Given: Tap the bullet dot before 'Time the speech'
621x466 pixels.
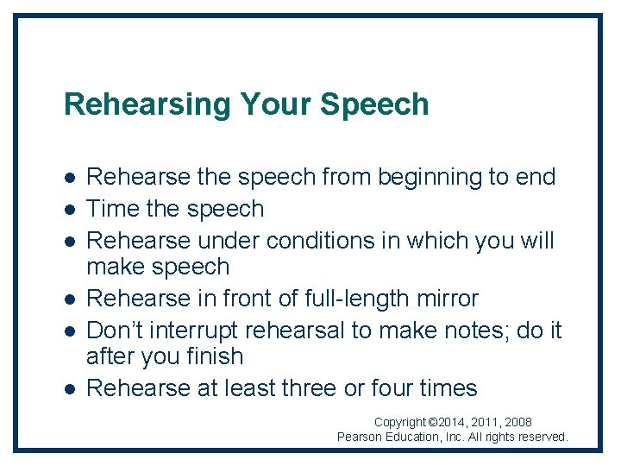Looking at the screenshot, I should click(x=69, y=210).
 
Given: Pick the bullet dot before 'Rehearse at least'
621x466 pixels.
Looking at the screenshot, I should click(x=69, y=389).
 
